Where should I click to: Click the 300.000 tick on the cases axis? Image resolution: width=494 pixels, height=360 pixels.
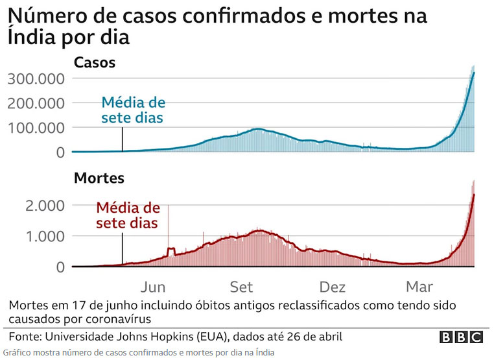[35, 79]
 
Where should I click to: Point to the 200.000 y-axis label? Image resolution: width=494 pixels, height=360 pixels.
[35, 103]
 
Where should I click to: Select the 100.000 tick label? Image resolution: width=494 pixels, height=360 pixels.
[35, 128]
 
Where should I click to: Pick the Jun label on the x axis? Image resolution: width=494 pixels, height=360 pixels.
[152, 287]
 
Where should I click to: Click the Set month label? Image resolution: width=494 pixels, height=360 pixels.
[242, 287]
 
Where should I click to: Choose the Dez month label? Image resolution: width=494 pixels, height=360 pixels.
[333, 287]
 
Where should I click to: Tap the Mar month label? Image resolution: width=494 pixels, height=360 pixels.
[421, 287]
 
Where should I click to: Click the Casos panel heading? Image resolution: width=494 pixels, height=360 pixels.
[95, 63]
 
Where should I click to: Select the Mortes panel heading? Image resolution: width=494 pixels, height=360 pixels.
[99, 177]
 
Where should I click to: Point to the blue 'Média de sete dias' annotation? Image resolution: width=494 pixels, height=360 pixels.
[133, 110]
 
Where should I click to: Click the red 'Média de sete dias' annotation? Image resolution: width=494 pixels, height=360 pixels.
[128, 215]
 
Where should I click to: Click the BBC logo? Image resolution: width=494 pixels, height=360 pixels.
[461, 337]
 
